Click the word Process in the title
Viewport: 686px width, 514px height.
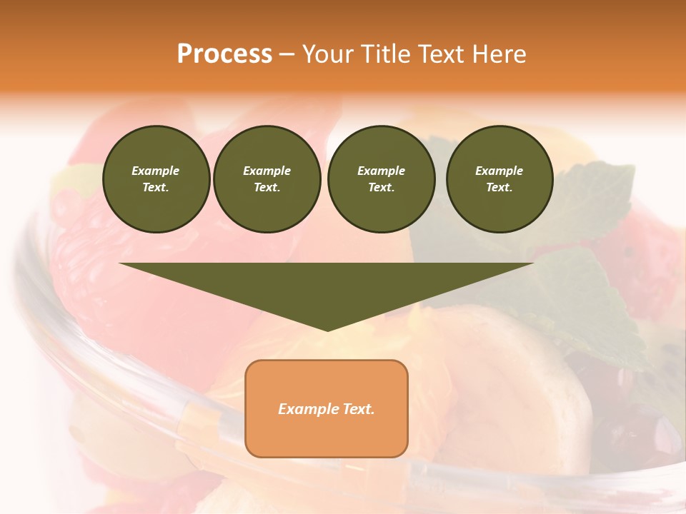(x=224, y=54)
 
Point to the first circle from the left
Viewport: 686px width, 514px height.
(x=156, y=178)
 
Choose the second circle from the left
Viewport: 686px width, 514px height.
(x=267, y=178)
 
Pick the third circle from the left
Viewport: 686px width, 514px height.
(x=381, y=178)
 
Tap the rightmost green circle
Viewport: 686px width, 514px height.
(x=499, y=178)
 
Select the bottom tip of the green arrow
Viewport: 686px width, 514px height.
(x=327, y=330)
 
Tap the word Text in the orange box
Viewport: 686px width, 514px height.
(x=358, y=409)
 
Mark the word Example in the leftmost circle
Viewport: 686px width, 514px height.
(x=156, y=171)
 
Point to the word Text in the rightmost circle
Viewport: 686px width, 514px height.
(x=499, y=188)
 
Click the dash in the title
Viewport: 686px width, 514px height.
(x=287, y=54)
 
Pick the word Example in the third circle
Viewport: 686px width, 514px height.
(x=381, y=171)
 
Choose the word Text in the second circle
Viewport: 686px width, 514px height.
(x=267, y=188)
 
